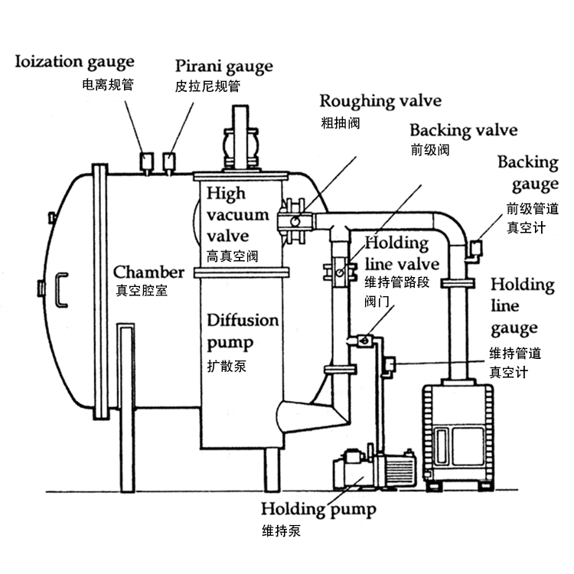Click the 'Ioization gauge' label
tap(75, 61)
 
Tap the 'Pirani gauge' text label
tap(223, 66)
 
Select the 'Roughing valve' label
tap(380, 101)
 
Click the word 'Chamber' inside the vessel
tap(149, 272)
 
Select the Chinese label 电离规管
tap(107, 85)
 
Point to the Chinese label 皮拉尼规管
tap(207, 87)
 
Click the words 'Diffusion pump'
tap(243, 329)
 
